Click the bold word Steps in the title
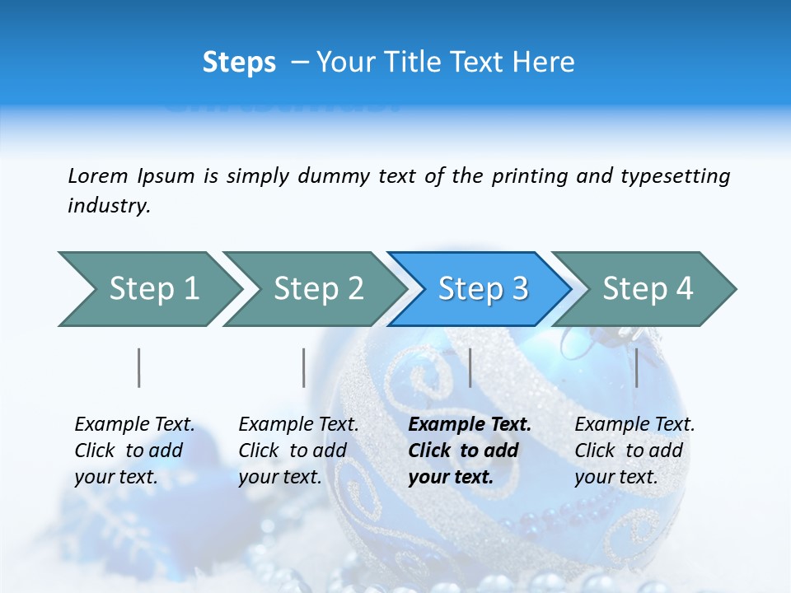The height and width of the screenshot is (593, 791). coord(239,63)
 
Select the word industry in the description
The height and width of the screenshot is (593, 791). coord(108,206)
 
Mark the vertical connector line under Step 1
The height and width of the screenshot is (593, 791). coord(139,367)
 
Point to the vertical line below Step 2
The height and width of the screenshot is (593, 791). coord(304,367)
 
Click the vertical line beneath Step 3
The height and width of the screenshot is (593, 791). coord(470,367)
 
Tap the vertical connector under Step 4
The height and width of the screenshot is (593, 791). coord(637,367)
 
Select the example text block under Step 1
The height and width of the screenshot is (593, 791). coord(134,451)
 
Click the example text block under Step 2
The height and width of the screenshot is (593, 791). coord(298,451)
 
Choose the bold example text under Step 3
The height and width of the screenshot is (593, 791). coord(470,451)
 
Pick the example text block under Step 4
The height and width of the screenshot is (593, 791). coord(634,451)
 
